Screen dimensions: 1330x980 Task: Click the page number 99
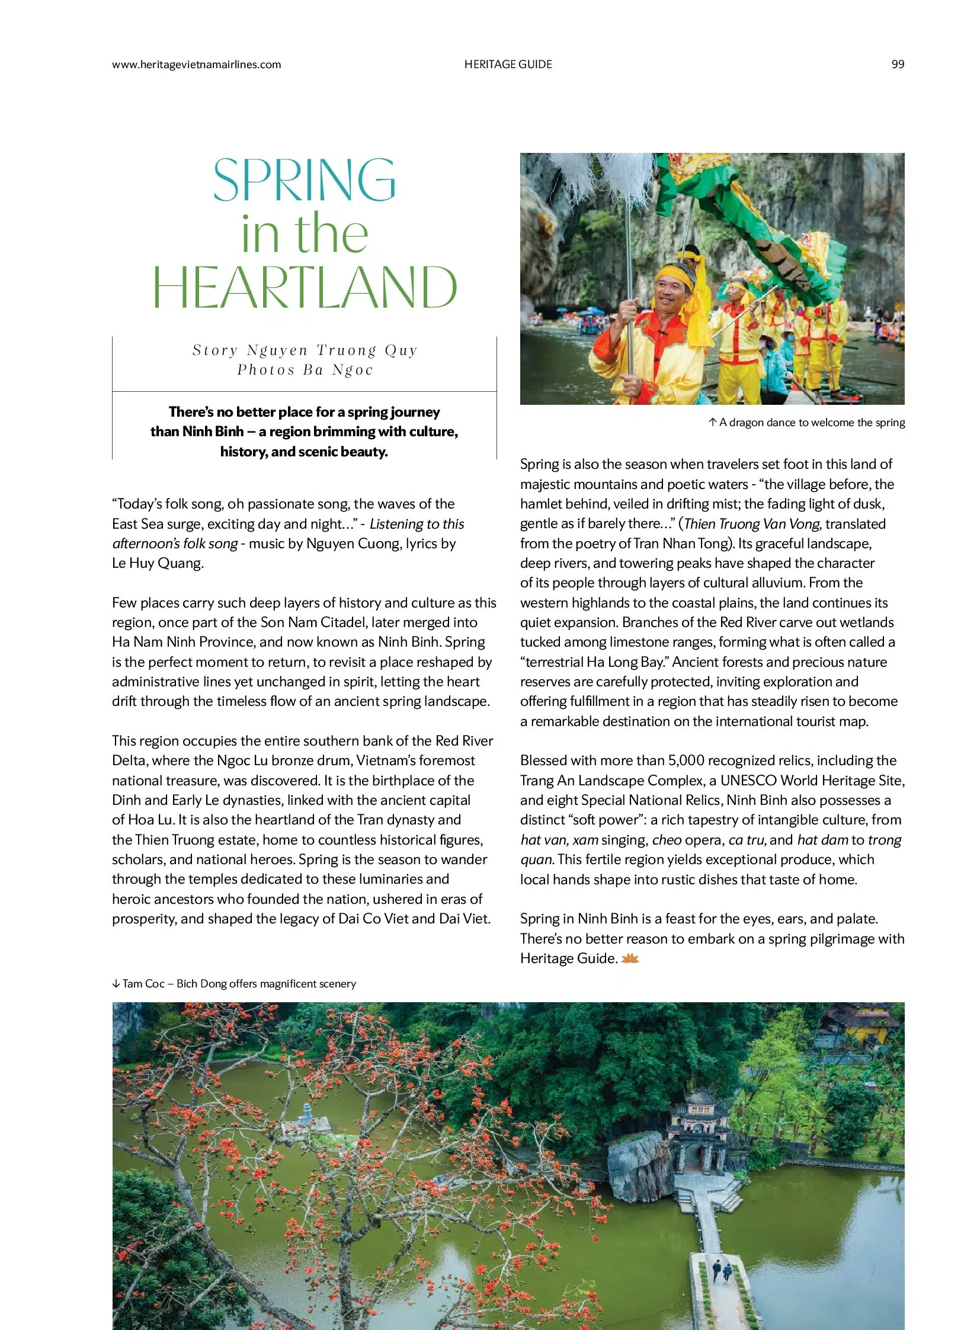click(897, 65)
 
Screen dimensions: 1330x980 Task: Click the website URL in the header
click(196, 65)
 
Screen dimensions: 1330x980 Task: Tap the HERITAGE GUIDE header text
click(508, 65)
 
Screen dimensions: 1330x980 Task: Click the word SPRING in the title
click(305, 179)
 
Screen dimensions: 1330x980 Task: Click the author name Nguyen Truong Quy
click(332, 350)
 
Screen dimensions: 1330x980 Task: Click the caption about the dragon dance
click(812, 423)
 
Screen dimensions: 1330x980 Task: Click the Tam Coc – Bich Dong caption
click(239, 983)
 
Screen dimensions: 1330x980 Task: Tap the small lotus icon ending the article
click(630, 958)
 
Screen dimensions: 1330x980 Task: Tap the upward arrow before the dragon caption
click(712, 423)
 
